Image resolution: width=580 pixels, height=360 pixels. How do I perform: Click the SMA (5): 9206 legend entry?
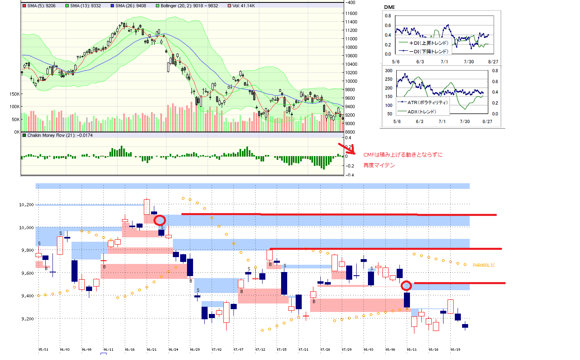coord(39,6)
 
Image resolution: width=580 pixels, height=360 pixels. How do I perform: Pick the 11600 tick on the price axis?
coord(351,13)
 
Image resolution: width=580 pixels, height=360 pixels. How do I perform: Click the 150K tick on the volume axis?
coord(15,94)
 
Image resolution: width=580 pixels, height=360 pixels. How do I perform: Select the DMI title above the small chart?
coord(389,7)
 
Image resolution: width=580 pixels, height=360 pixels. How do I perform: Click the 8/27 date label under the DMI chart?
coord(493,62)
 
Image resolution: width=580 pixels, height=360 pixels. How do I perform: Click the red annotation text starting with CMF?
coord(403,155)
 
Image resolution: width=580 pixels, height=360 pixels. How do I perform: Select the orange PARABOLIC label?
coord(483,265)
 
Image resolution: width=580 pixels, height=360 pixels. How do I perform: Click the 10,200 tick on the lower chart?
coord(27,205)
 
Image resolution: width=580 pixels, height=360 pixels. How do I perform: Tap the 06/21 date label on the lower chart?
coord(151,350)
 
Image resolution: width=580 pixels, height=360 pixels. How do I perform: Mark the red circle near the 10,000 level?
coord(160,220)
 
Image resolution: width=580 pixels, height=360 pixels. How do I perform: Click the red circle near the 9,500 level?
coord(406,286)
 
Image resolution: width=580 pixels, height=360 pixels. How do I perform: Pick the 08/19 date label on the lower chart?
coord(455,350)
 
